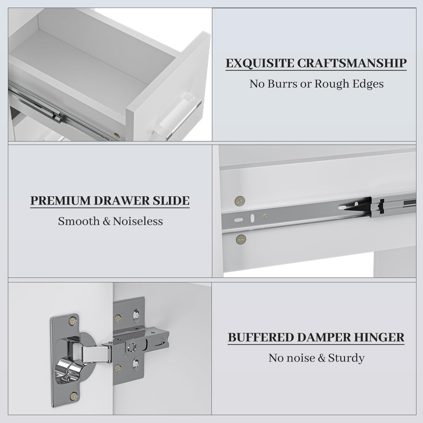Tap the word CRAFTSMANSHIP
click(x=352, y=63)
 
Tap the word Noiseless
click(x=138, y=221)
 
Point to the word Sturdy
click(x=346, y=359)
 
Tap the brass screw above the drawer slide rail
click(x=240, y=201)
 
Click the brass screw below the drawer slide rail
click(x=241, y=239)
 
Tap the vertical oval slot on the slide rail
click(x=252, y=218)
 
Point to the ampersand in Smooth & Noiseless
click(x=107, y=221)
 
